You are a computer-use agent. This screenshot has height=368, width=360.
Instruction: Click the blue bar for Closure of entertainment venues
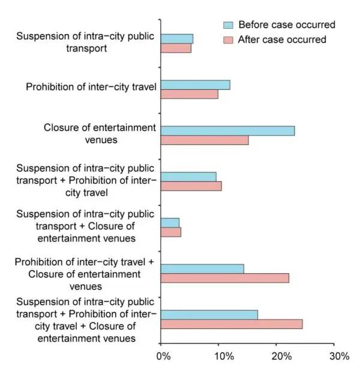pyautogui.click(x=227, y=131)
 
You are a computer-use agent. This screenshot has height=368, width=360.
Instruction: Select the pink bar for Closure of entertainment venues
pyautogui.click(x=205, y=140)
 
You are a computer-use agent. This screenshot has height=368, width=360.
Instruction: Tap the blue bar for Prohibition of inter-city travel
pyautogui.click(x=195, y=85)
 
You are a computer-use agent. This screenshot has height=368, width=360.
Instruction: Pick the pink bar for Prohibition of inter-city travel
pyautogui.click(x=189, y=94)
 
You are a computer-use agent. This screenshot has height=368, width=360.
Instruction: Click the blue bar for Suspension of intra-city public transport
pyautogui.click(x=176, y=39)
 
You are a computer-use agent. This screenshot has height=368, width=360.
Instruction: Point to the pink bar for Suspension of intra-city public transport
pyautogui.click(x=176, y=48)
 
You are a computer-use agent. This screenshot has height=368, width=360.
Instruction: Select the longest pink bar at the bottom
pyautogui.click(x=231, y=324)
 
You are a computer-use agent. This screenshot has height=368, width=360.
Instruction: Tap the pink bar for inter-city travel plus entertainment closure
pyautogui.click(x=224, y=278)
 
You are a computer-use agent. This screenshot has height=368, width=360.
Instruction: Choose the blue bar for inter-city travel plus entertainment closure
pyautogui.click(x=202, y=269)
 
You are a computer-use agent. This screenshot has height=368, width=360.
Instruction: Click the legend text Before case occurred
pyautogui.click(x=287, y=25)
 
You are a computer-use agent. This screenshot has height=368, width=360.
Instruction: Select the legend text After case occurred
pyautogui.click(x=283, y=40)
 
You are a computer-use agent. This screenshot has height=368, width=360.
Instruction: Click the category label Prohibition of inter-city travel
pyautogui.click(x=91, y=88)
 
